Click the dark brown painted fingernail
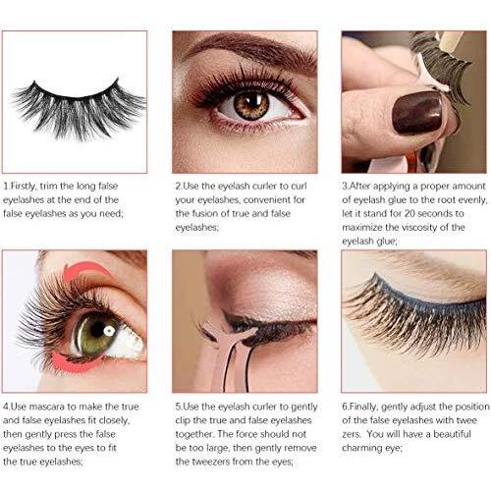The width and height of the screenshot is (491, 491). tap(417, 112)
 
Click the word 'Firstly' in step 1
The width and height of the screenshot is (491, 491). tap(23, 187)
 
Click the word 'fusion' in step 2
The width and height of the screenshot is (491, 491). tap(209, 213)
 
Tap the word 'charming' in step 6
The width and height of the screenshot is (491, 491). tap(358, 448)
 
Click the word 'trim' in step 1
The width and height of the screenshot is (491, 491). tap(49, 187)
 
